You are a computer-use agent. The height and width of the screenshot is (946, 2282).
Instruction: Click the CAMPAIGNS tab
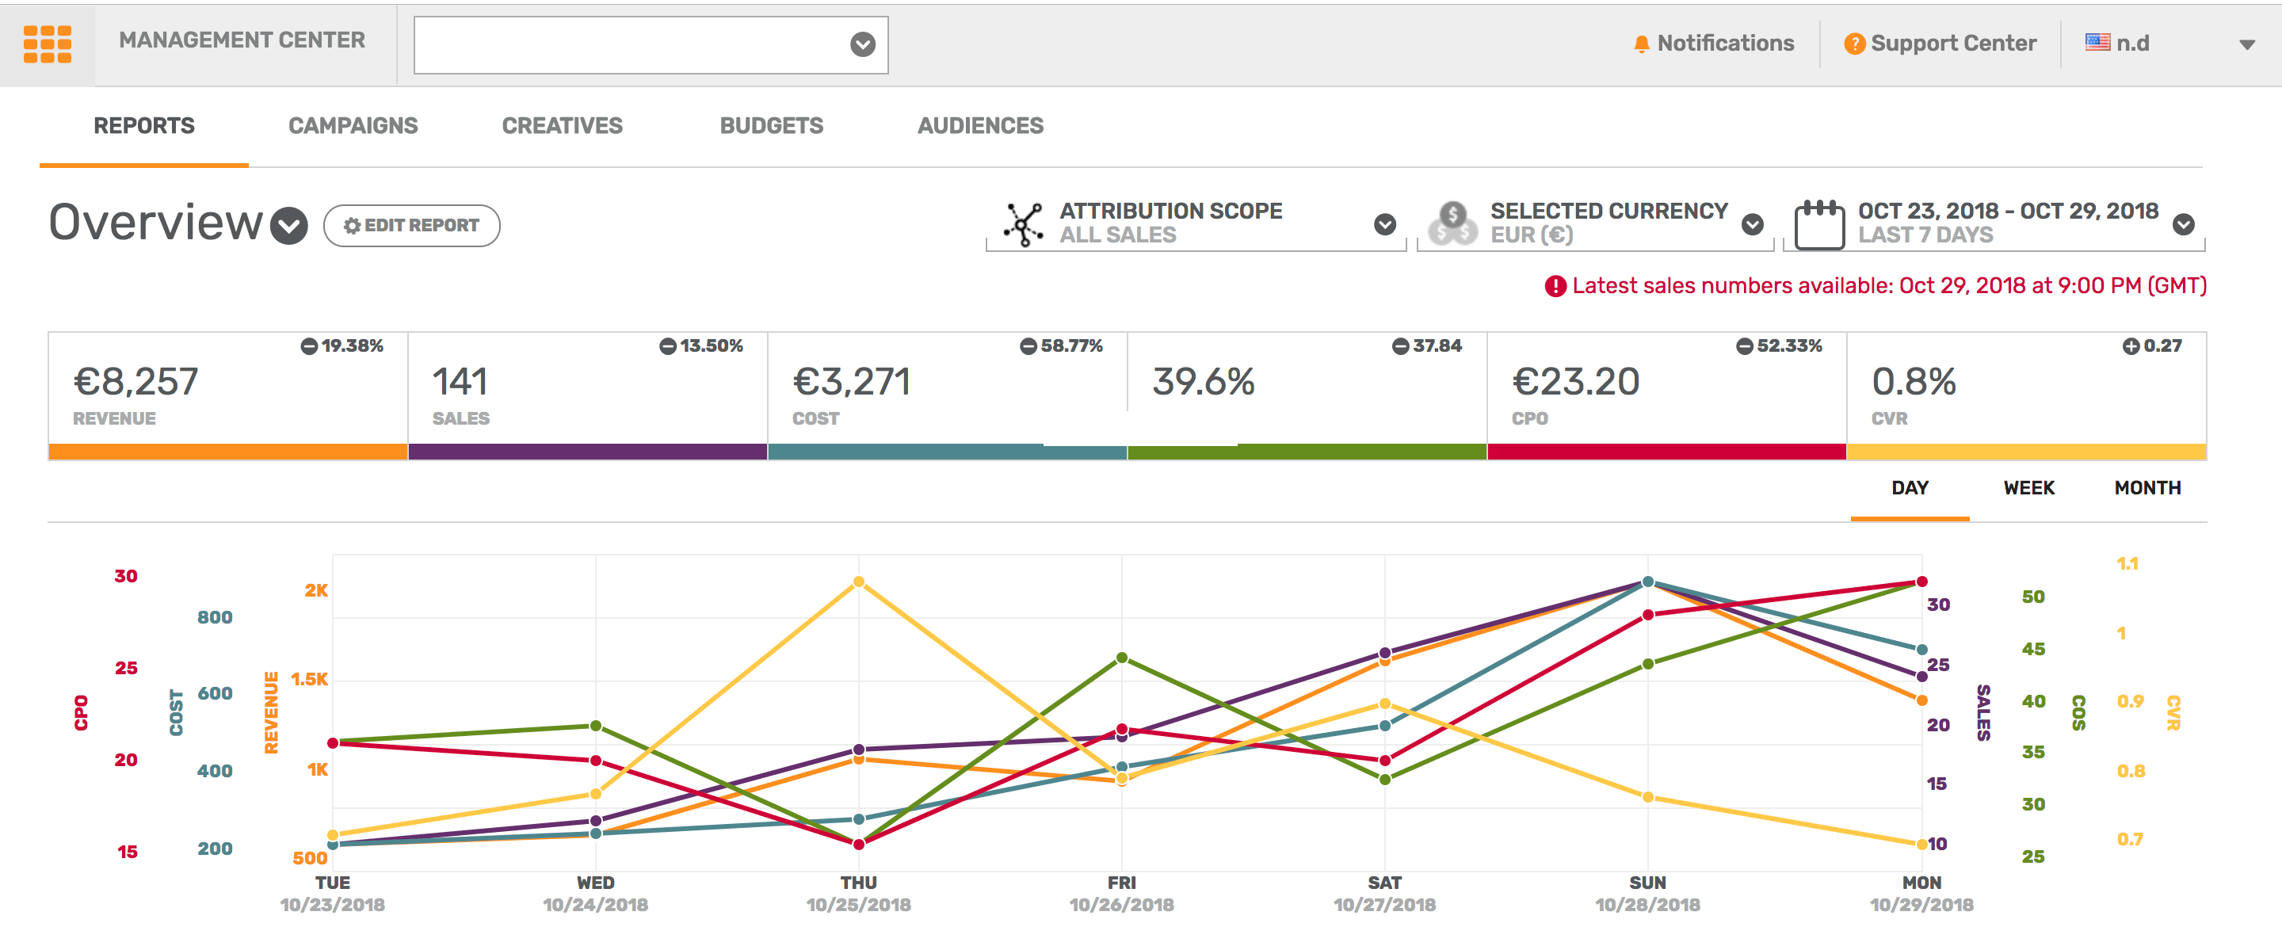click(x=353, y=126)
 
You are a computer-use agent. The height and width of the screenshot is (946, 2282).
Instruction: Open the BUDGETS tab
click(x=771, y=126)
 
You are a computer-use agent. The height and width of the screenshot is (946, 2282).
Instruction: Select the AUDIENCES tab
click(x=980, y=126)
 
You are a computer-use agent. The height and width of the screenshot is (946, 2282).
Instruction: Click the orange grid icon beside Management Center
click(x=47, y=44)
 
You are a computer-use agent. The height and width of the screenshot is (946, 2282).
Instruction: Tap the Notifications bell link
click(x=1713, y=44)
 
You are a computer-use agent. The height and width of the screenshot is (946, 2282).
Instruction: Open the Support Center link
click(x=1940, y=44)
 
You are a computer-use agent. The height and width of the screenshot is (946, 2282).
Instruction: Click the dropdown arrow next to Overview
click(x=288, y=225)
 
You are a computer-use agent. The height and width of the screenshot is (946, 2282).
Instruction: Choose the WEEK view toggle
click(x=2028, y=488)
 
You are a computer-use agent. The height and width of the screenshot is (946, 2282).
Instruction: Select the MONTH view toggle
click(x=2147, y=488)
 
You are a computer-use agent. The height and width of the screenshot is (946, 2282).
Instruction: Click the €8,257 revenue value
click(x=136, y=383)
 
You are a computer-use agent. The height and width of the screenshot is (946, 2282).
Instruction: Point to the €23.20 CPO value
click(x=1576, y=383)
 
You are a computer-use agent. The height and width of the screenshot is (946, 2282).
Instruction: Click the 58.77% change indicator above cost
click(x=1061, y=346)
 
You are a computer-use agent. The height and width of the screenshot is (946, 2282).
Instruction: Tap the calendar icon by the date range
click(x=1818, y=225)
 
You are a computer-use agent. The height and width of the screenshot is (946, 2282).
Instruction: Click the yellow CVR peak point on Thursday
click(x=858, y=582)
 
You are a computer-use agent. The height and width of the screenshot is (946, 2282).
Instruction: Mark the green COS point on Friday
click(x=1121, y=658)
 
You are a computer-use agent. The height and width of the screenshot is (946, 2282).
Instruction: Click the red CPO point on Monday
click(x=1921, y=582)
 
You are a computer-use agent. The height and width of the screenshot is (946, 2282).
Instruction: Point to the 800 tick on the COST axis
click(x=215, y=617)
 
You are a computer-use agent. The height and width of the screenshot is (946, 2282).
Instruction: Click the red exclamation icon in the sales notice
click(x=1555, y=286)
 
